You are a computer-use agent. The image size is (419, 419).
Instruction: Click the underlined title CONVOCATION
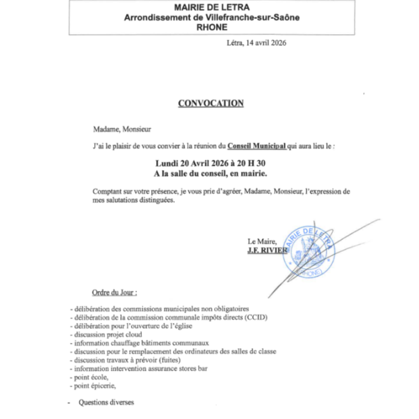coord(210,103)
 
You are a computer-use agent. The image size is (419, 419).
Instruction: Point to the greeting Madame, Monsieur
coord(122,130)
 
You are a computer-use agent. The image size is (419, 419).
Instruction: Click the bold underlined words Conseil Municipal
coord(256,147)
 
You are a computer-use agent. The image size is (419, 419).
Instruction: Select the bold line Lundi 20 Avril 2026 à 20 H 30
coord(210,164)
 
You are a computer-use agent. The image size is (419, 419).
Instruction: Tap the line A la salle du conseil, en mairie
coord(210,174)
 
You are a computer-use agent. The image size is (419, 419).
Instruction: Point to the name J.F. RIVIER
coord(267,250)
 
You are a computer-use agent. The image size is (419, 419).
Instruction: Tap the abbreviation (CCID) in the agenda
coord(256,317)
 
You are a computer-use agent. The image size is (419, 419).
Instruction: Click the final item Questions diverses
coord(106,402)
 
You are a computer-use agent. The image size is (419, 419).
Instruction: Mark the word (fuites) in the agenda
coord(160,360)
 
